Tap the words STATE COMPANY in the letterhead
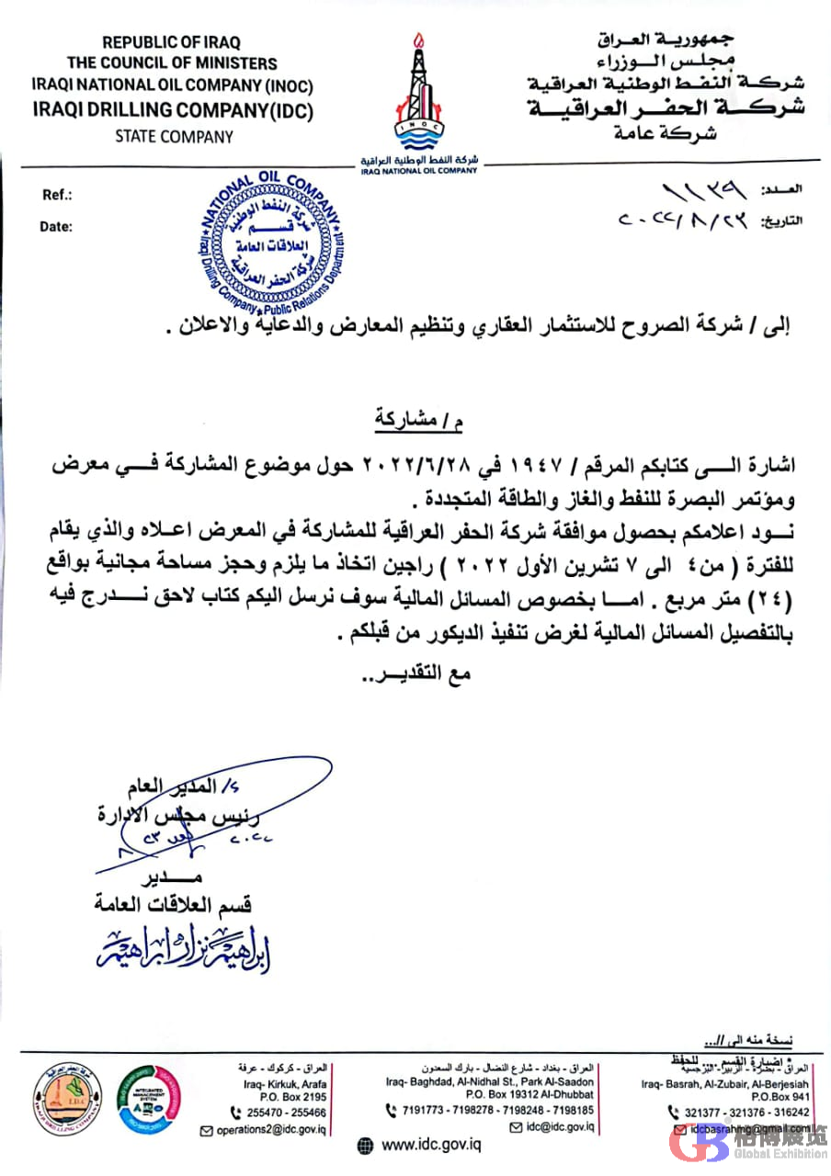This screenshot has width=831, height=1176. click(174, 137)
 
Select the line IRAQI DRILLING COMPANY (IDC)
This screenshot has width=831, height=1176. click(174, 112)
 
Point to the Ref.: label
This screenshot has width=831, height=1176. click(57, 196)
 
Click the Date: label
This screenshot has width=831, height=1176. click(55, 226)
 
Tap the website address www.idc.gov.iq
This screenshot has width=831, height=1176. click(431, 1145)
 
